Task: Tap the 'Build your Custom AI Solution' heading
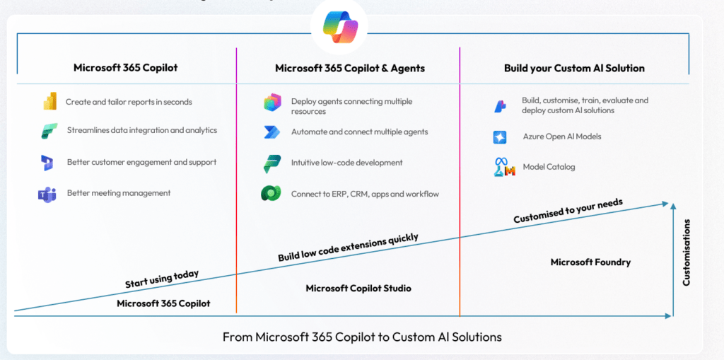coord(574,69)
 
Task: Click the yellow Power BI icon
coord(49,102)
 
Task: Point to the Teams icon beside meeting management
coord(47,194)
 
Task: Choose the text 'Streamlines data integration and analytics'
coord(142,130)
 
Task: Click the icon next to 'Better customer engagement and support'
coord(48,163)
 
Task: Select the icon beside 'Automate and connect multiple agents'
coord(272,132)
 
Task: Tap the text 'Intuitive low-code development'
coord(346,163)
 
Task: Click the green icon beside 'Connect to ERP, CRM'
coord(272,194)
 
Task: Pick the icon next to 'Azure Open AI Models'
coord(501,137)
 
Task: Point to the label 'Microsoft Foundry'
coord(590,262)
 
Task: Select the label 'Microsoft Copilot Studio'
coord(358,288)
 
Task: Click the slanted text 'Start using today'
coord(162,279)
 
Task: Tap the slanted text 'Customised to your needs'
coord(568,211)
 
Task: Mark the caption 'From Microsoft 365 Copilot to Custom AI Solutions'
coord(362,337)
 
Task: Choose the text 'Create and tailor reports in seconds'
coord(129,102)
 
